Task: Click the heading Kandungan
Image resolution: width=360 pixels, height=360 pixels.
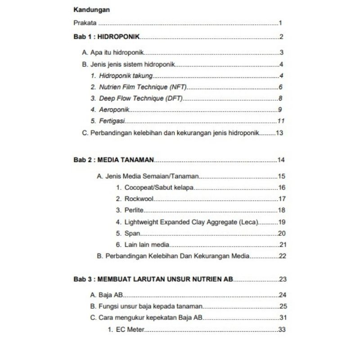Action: [x=92, y=9]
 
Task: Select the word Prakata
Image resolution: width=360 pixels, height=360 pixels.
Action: [x=85, y=23]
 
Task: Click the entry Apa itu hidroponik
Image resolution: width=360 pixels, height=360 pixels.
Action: [x=117, y=53]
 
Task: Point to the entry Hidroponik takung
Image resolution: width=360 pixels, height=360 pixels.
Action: [x=126, y=76]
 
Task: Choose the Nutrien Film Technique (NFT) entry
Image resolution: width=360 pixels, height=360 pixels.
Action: [x=143, y=87]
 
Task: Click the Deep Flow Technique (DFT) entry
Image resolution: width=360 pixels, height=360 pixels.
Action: [x=141, y=98]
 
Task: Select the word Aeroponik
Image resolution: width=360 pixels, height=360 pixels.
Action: [x=114, y=109]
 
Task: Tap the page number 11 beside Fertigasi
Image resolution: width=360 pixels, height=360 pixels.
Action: [x=281, y=121]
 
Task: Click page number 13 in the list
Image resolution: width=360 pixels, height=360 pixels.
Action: [x=279, y=133]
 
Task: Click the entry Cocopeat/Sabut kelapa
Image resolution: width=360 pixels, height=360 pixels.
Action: [x=159, y=188]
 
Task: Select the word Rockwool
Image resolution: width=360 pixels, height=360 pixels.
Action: [x=139, y=199]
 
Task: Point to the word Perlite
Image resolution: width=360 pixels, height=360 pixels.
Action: [x=134, y=210]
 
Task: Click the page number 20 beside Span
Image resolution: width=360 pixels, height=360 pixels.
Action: [x=282, y=233]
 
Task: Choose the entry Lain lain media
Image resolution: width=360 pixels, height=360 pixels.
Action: [x=147, y=245]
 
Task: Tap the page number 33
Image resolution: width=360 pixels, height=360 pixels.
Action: [x=282, y=330]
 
